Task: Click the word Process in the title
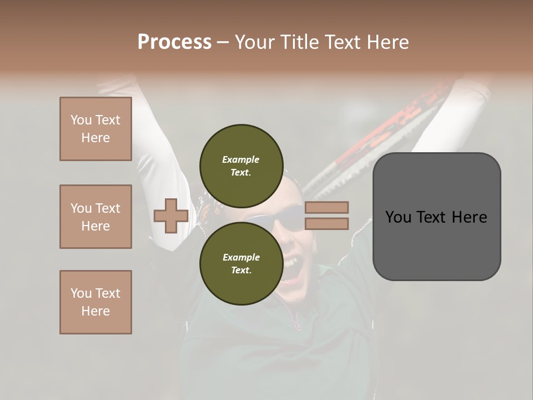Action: [174, 42]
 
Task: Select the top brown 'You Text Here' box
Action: [95, 129]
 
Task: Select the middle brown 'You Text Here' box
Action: [95, 217]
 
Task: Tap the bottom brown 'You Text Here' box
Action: [95, 302]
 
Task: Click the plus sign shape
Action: [171, 216]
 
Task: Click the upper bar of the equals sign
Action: [326, 207]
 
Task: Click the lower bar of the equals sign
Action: [326, 223]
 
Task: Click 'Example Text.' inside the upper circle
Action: [241, 166]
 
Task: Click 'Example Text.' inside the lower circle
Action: [241, 263]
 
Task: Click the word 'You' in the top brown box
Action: [81, 120]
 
